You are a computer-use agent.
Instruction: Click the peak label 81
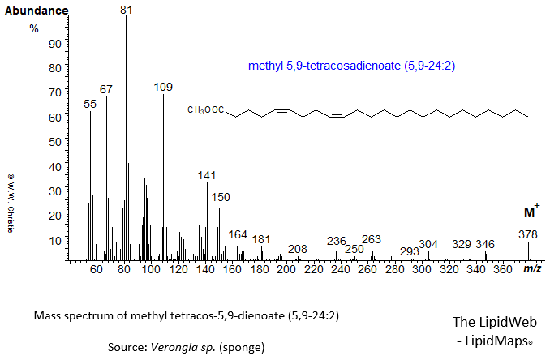coord(126,10)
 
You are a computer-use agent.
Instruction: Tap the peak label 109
coord(164,87)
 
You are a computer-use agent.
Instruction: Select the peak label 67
coord(106,88)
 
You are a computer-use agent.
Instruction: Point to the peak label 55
coord(90,104)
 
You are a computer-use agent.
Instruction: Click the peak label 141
coord(208,175)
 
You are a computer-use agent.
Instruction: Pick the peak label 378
coord(528,234)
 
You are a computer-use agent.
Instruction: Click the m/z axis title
coord(532,268)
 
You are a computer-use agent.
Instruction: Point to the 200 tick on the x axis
coord(286,269)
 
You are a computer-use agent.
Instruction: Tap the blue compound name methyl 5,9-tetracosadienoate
coord(350,67)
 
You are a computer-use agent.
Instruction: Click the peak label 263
coord(372,239)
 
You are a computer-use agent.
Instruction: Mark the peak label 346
coord(485,244)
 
